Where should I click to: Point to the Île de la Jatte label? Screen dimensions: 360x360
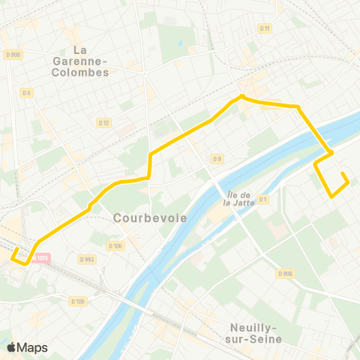[x=238, y=197]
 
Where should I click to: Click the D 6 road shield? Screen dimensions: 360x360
[x=27, y=92]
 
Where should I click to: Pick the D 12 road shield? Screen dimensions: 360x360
[x=103, y=122]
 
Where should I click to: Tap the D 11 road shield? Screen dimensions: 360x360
[x=264, y=28]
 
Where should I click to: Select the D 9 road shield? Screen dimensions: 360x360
[x=217, y=158]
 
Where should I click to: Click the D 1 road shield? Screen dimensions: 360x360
[x=262, y=199]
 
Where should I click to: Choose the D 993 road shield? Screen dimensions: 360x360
[x=88, y=259]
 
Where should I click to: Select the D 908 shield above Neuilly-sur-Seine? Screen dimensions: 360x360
[x=284, y=274]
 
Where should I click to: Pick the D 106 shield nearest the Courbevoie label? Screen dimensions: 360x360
[x=115, y=245]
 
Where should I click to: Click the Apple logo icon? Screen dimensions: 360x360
[x=11, y=347]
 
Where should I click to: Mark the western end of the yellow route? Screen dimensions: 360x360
[x=13, y=260]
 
